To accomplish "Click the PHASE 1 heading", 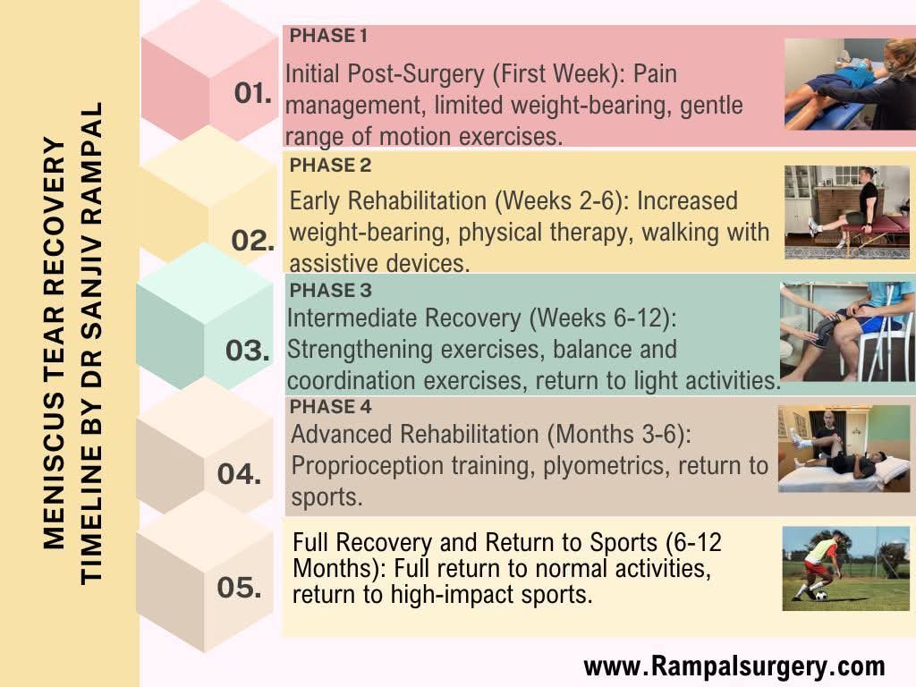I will (x=328, y=37).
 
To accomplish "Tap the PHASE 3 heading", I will (x=330, y=291).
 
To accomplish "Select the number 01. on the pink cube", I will (x=253, y=93).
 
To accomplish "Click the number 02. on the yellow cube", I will (x=253, y=241).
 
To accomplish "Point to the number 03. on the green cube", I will (x=247, y=351).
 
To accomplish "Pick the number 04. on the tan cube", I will (x=239, y=473).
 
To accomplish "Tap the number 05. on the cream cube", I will (x=239, y=588).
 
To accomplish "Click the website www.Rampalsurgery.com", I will (x=734, y=666).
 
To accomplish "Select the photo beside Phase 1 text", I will (x=848, y=84).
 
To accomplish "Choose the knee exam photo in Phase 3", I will (x=845, y=332).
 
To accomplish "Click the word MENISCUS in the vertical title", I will (x=55, y=482).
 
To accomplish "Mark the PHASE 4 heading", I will (x=330, y=407).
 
